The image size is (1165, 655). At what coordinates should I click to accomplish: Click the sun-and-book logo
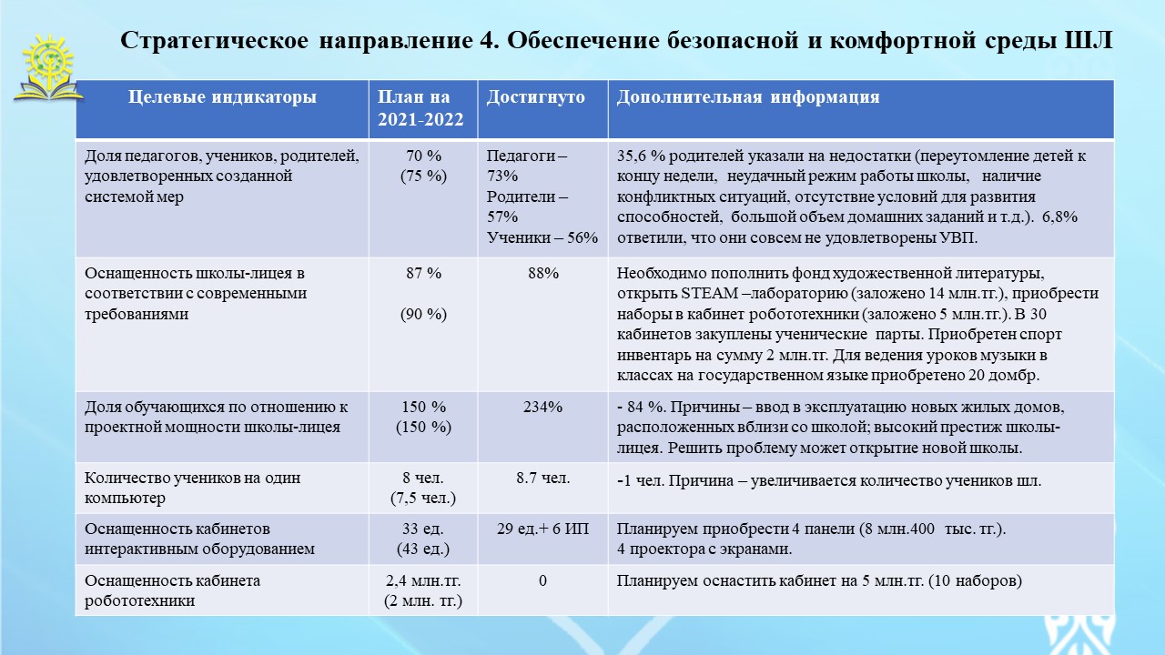coord(48,67)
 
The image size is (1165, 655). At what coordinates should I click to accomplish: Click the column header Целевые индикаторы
coord(222,97)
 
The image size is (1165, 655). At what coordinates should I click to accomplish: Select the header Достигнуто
coord(536,97)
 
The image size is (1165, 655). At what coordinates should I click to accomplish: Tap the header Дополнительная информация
coord(748,97)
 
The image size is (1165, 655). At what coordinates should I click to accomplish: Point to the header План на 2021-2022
coord(420,108)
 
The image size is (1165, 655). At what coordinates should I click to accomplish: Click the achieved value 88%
coord(543,274)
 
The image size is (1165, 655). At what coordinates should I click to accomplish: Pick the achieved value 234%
coord(542,407)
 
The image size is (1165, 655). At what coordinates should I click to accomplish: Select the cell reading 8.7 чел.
coord(543,478)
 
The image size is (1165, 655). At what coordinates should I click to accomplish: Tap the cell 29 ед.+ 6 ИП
coord(542,529)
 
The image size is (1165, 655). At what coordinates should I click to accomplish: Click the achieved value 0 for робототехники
coord(542,580)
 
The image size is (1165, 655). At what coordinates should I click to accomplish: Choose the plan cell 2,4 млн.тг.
coord(423,580)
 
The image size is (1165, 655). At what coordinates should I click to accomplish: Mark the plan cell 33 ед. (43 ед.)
coord(423,539)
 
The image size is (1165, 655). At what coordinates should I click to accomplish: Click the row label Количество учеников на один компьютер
coord(192,488)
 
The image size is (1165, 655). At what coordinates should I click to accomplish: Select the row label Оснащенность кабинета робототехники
coord(172,590)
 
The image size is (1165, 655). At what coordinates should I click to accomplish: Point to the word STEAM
coord(709,294)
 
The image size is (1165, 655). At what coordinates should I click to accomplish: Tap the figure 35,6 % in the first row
coord(639,156)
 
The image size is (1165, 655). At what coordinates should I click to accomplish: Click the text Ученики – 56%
coord(542,238)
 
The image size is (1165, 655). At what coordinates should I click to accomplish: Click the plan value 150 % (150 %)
coord(423,417)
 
